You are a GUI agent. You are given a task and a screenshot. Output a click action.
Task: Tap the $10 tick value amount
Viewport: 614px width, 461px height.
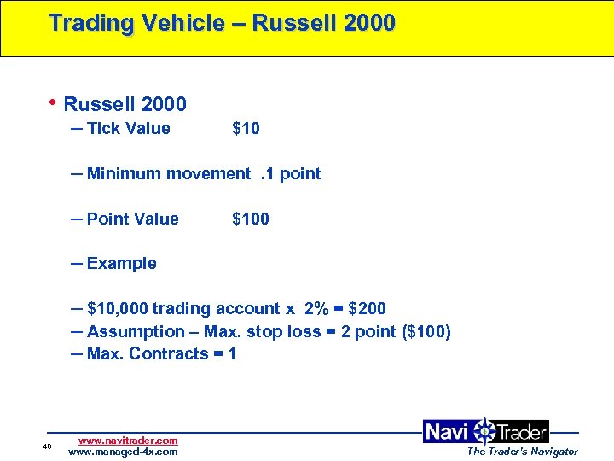246,129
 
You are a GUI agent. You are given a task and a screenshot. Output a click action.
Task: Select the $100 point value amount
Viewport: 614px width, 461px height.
250,219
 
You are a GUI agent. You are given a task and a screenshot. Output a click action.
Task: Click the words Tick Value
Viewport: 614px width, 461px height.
128,129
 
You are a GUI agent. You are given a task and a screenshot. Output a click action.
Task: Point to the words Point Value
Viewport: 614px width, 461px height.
132,219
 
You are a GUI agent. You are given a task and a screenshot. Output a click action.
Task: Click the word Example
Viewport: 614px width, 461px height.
121,264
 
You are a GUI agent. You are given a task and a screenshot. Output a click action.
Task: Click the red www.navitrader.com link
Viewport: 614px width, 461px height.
128,441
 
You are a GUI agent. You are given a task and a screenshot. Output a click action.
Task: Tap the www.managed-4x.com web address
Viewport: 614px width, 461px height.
123,452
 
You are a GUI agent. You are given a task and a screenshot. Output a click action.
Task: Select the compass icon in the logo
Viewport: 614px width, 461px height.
484,432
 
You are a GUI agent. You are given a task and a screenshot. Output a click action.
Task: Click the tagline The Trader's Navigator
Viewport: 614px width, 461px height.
522,452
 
